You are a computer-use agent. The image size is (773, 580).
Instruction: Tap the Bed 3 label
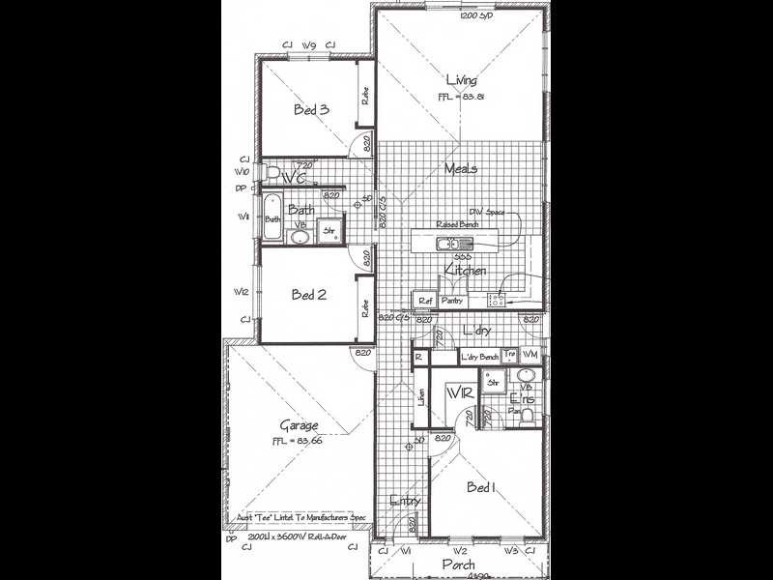[311, 110]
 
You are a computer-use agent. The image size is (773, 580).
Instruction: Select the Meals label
[461, 169]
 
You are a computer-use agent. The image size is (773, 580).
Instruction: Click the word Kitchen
[465, 271]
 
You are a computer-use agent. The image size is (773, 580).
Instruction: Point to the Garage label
[300, 425]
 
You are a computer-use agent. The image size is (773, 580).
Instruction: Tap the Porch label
[458, 564]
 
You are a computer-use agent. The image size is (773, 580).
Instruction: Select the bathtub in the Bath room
[273, 219]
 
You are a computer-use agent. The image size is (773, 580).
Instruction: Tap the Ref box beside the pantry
[425, 301]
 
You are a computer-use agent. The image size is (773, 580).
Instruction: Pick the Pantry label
[452, 301]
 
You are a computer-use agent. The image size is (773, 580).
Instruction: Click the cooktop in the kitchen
[498, 299]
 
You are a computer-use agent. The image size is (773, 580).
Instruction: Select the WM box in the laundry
[530, 357]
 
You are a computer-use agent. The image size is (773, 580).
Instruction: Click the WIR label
[459, 393]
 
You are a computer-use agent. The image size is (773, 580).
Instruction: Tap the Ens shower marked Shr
[494, 383]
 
